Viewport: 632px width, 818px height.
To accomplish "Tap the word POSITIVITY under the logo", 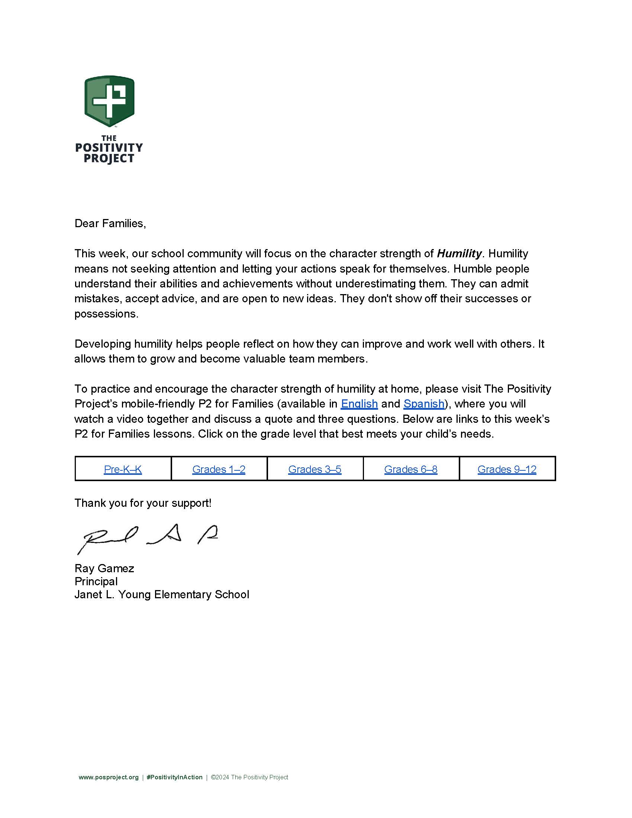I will (109, 148).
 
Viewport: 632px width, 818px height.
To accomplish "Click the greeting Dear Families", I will (110, 223).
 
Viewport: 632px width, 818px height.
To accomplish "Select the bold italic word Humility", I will (459, 254).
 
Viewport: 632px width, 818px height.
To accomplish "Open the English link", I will (359, 404).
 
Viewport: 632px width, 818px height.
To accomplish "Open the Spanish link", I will (423, 404).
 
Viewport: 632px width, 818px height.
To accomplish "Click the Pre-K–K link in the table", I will (123, 469).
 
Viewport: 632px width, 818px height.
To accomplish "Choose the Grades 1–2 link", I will (219, 469).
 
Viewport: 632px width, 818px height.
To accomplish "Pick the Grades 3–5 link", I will (315, 469).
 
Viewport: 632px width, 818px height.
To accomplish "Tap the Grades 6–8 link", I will (411, 469).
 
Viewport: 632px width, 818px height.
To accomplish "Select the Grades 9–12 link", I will (507, 469).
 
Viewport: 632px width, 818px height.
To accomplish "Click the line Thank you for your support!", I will (143, 503).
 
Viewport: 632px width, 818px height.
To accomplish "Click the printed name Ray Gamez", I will (104, 568).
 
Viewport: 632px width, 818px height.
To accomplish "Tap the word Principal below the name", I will (96, 581).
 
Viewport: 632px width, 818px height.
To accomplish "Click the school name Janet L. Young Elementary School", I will (162, 595).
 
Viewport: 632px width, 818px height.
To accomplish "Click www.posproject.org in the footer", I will (109, 777).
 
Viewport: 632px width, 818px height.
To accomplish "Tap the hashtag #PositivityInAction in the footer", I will (174, 777).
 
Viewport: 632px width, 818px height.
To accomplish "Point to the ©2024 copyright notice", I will (249, 777).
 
